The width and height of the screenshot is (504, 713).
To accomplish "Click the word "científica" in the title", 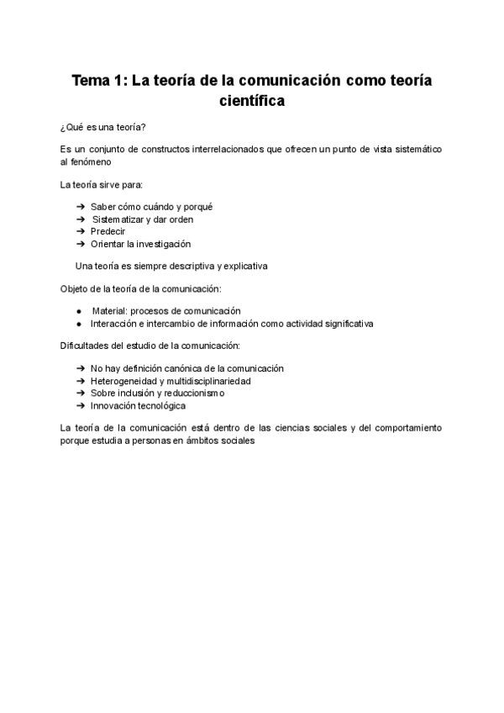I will pos(252,103).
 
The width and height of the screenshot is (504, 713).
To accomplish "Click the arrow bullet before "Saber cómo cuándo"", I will pos(80,207).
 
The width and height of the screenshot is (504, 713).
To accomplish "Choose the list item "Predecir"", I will pos(108,231).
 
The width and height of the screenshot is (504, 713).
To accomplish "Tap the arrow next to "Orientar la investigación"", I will pos(80,244).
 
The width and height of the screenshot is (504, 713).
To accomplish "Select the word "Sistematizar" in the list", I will pos(118,219).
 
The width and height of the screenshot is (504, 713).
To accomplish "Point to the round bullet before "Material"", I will pos(78,311).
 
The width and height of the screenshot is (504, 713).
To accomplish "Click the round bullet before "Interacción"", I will pos(78,324).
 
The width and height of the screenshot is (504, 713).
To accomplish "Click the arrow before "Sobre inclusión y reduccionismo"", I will pos(80,393).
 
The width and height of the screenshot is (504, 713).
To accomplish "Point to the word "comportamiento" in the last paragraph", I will pos(407,428).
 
